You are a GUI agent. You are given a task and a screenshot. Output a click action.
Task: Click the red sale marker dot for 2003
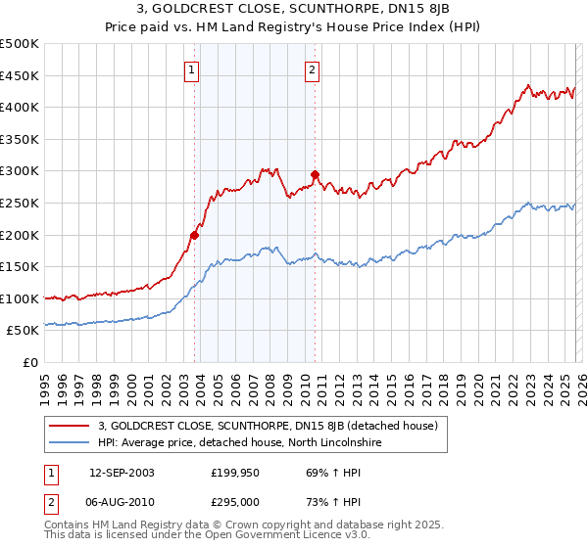click(195, 235)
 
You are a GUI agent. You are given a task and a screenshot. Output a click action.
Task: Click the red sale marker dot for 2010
click(315, 174)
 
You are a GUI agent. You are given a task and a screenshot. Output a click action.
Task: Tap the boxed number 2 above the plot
click(312, 69)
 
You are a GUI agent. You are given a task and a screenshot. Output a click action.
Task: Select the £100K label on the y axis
click(20, 298)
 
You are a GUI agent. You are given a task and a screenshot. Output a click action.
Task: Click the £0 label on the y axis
click(30, 362)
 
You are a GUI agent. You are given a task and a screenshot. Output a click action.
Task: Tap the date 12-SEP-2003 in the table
click(122, 473)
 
